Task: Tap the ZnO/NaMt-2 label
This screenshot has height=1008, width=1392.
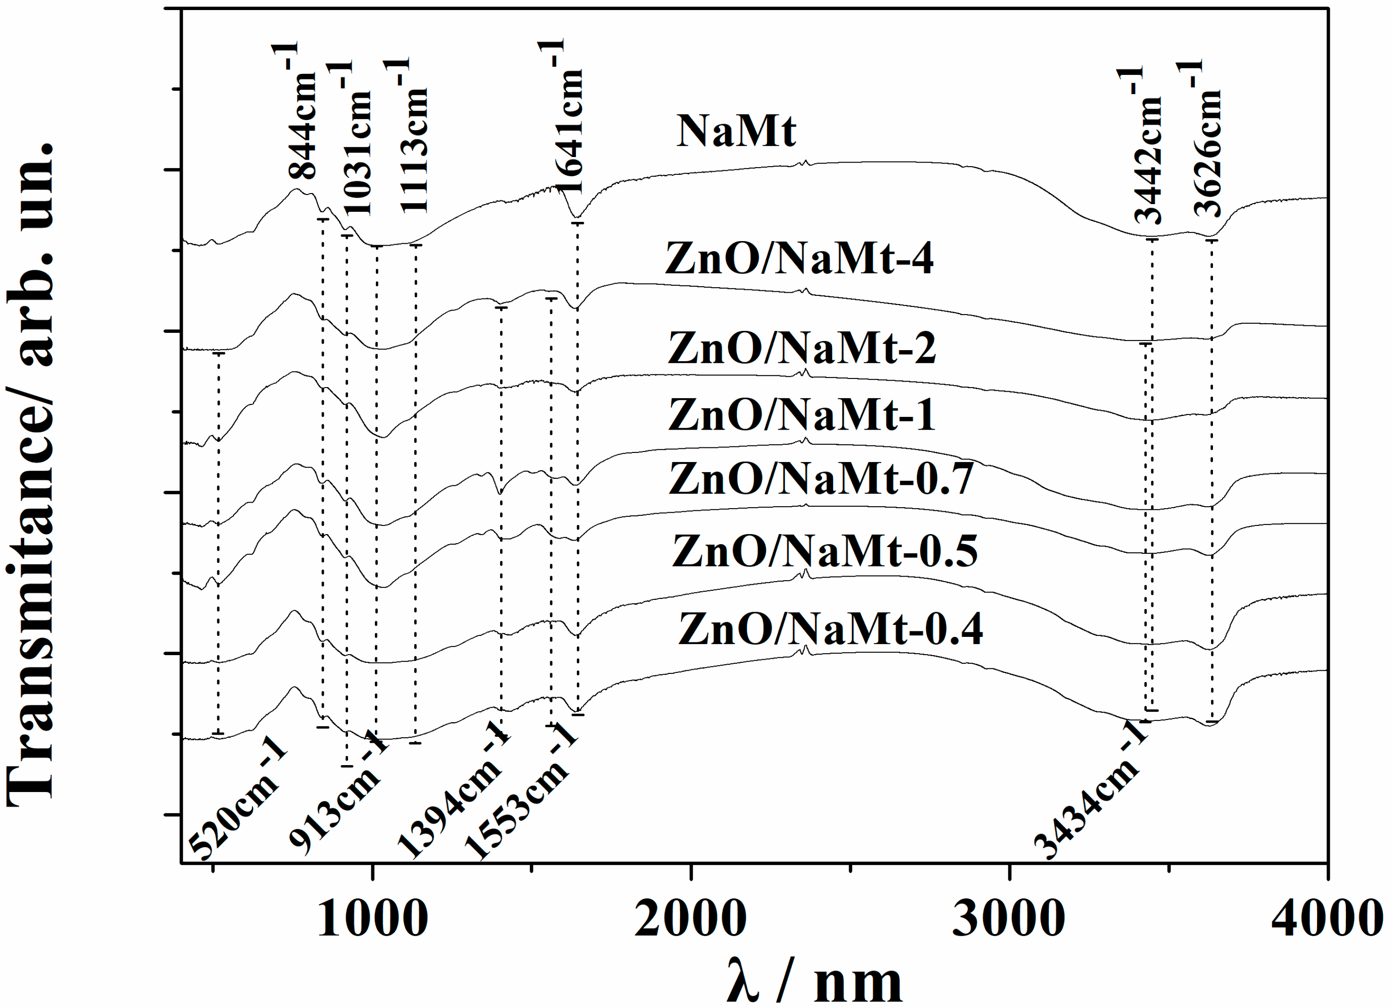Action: pos(801,348)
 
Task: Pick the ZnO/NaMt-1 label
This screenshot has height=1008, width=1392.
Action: pos(801,415)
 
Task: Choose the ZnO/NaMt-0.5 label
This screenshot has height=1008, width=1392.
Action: pos(824,551)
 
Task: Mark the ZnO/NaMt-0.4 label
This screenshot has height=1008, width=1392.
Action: pos(830,629)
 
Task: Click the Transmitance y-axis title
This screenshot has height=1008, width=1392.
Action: pos(31,472)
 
